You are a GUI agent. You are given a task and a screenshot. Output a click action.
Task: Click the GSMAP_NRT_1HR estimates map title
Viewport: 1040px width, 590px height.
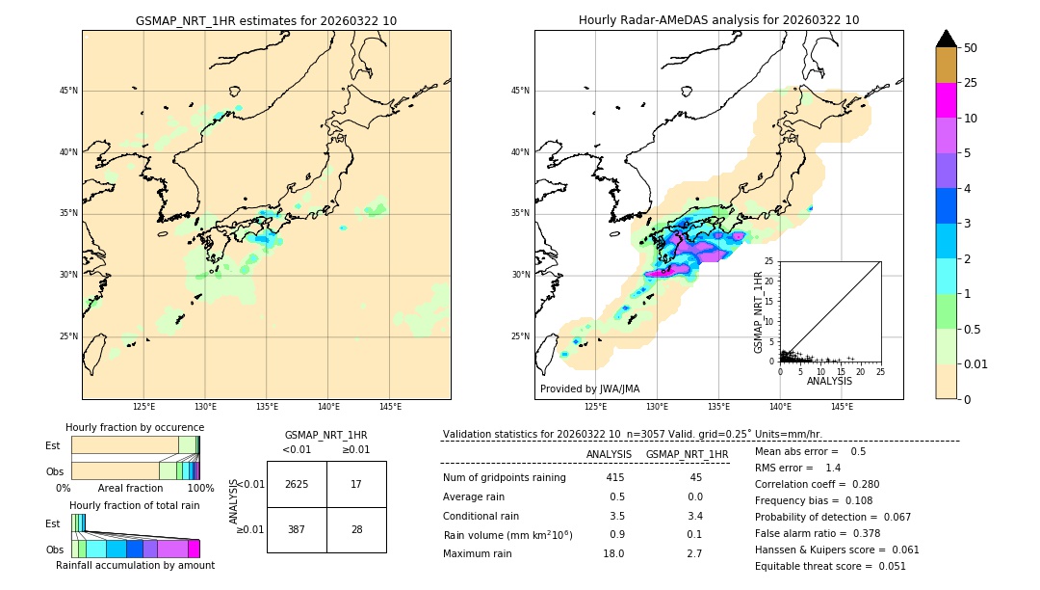pos(266,20)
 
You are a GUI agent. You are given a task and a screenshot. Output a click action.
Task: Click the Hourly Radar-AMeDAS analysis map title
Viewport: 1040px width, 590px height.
pos(718,20)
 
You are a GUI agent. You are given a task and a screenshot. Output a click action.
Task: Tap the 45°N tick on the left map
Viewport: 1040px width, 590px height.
pos(68,91)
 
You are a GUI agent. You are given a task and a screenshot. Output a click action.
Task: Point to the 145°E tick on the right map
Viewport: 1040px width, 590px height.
pos(842,407)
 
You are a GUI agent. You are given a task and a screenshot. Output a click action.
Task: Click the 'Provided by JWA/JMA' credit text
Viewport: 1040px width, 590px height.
pos(589,389)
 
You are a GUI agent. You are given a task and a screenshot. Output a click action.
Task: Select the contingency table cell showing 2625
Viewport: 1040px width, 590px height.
pos(297,484)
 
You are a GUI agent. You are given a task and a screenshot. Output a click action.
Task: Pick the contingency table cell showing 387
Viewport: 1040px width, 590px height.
pos(297,530)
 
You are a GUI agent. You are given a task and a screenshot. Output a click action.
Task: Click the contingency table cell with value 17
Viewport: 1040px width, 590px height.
pos(356,484)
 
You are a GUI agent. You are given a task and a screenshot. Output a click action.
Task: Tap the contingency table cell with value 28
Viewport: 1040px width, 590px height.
pos(356,530)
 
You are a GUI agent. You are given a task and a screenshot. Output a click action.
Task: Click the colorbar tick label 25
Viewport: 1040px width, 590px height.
pos(971,83)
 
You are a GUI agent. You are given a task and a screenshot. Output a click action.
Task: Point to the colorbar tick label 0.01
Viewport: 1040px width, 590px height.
pos(976,363)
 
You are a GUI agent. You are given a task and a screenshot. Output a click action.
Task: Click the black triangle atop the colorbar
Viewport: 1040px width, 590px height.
pos(947,39)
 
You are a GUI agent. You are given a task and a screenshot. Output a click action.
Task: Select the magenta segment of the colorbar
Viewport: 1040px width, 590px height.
pos(947,100)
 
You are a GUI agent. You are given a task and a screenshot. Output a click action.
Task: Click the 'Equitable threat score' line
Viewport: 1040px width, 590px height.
pos(830,566)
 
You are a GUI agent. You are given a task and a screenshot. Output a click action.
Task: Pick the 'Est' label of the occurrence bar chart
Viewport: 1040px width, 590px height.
pos(53,445)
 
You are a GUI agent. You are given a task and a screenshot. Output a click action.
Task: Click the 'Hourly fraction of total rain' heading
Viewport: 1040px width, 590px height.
pos(135,505)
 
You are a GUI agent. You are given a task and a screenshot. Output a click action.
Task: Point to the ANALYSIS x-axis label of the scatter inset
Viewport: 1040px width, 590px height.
pos(829,381)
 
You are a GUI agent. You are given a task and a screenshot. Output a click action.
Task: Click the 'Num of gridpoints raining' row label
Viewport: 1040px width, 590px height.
pos(504,477)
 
